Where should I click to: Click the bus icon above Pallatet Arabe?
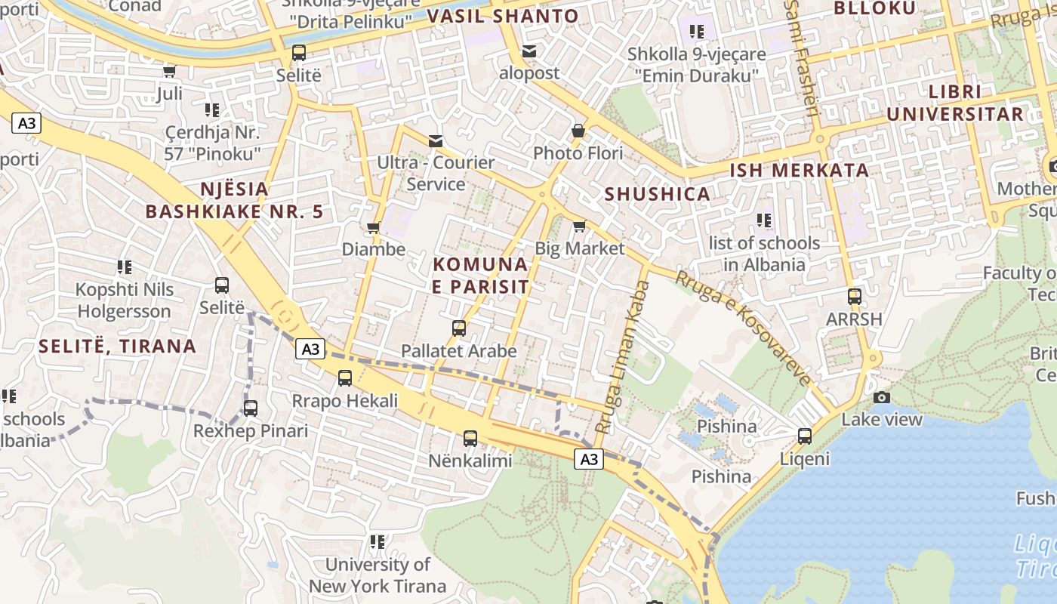[459, 328]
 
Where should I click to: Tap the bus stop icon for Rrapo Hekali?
[345, 378]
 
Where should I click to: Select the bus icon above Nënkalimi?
[470, 438]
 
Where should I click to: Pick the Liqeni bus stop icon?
[805, 436]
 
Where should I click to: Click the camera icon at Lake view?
[881, 397]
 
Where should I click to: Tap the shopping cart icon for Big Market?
[580, 226]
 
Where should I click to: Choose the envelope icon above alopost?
[529, 51]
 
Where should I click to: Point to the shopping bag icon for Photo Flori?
[578, 131]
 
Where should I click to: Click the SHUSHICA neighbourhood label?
[657, 194]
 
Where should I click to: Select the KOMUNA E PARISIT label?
[480, 276]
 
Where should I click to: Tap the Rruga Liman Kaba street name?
[622, 356]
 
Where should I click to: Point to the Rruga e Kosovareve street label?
[743, 327]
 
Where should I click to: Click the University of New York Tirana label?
[377, 575]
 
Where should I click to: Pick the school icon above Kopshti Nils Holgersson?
[125, 267]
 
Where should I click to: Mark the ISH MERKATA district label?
[799, 171]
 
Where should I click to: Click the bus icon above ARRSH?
[854, 297]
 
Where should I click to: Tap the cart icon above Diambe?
[373, 227]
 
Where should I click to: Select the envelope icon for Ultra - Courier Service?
[436, 140]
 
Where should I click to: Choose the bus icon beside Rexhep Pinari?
[251, 408]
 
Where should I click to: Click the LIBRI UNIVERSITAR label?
[955, 103]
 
